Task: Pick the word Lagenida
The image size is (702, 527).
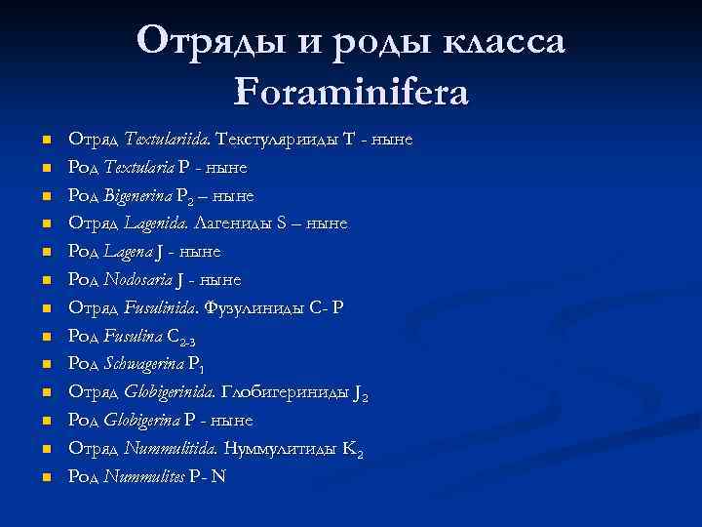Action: [154, 223]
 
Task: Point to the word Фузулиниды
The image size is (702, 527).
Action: [249, 307]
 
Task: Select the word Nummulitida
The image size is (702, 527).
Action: [170, 449]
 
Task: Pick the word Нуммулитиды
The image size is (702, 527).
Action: [282, 449]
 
